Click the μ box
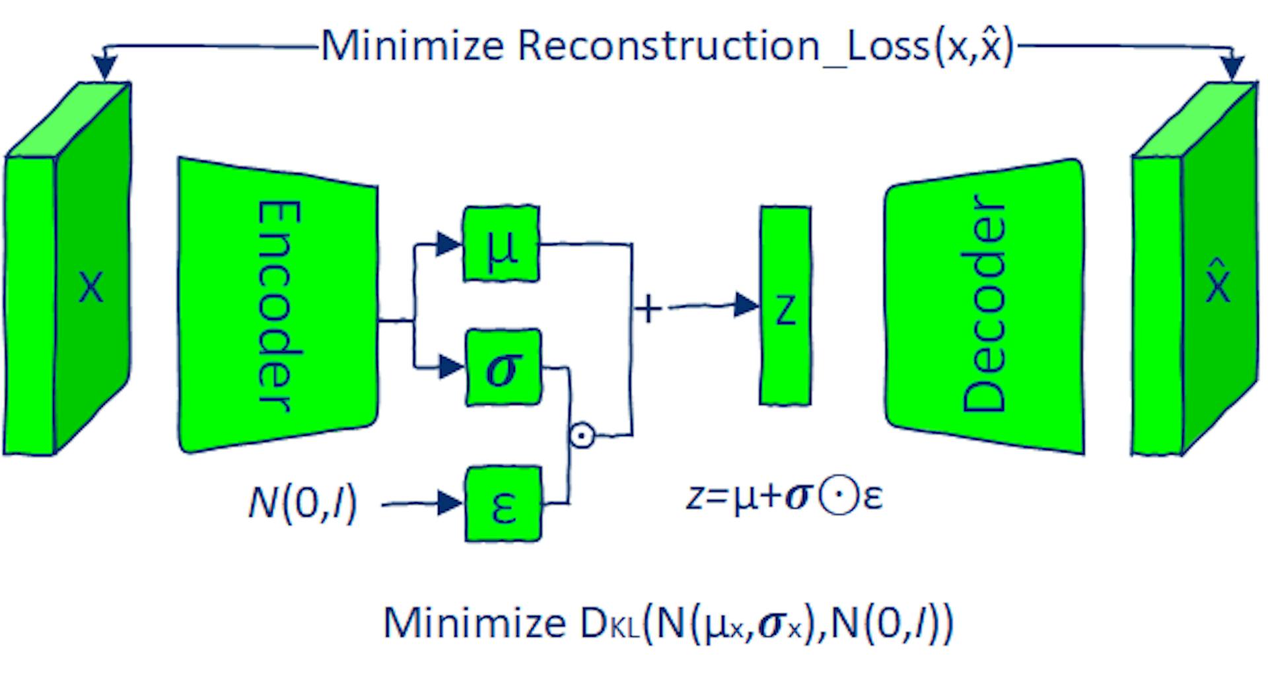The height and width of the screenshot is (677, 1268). [501, 243]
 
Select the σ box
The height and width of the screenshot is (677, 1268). [503, 367]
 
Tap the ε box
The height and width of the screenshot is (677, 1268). [503, 504]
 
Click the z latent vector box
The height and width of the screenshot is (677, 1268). [785, 306]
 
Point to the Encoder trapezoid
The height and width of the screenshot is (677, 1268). [277, 305]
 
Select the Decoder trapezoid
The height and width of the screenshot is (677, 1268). [984, 305]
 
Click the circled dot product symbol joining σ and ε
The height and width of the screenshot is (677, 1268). [582, 435]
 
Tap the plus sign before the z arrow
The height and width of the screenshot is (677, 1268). [648, 308]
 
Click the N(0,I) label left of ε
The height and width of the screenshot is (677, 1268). [302, 503]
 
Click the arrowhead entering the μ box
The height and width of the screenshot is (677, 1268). [449, 243]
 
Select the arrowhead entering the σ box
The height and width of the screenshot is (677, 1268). [451, 366]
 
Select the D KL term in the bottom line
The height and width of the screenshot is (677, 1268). [610, 623]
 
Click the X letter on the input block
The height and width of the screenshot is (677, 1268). [91, 287]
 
